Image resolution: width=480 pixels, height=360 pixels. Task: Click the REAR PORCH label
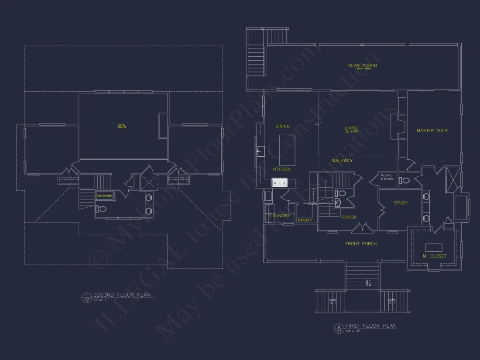pos(362,66)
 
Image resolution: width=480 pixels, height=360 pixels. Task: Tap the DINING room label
pos(282,127)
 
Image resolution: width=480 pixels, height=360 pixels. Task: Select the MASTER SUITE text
pos(432,130)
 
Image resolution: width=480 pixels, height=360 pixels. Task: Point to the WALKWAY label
pos(342,161)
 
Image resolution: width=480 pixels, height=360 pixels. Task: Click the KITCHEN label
pos(281,169)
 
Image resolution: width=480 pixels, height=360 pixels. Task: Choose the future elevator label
pos(387,177)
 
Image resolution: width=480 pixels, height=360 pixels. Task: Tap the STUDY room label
pos(401,203)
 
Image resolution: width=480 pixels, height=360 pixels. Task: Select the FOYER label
pos(349,217)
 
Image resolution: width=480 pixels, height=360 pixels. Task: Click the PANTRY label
pos(305,220)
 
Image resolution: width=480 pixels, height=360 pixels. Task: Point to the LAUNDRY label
pos(280,216)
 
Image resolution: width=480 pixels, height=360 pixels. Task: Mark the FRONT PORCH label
pos(361,243)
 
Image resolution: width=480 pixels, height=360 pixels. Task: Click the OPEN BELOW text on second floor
pos(122,127)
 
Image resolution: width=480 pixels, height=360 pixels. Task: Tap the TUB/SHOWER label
pos(105,196)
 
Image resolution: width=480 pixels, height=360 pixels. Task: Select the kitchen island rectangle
pos(287,144)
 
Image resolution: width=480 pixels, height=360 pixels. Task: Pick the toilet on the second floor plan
pos(101,209)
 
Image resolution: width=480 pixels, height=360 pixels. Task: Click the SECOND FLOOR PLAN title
pos(122,295)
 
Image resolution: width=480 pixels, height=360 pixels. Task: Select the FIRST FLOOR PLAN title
pos(371,326)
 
